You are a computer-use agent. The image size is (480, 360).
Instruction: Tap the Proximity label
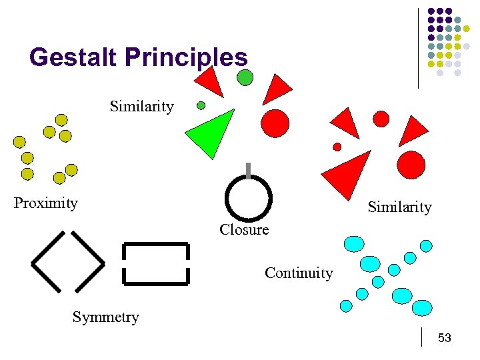tap(46, 203)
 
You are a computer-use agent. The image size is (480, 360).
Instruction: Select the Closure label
tap(244, 230)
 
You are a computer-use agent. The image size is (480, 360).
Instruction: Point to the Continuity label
tap(299, 273)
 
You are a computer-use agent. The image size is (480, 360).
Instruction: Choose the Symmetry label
tap(105, 317)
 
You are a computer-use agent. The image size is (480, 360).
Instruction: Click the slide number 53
tap(445, 338)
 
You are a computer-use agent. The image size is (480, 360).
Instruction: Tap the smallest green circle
tap(201, 105)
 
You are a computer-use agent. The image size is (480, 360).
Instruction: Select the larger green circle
tap(245, 77)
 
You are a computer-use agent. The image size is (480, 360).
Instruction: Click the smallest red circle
tap(337, 147)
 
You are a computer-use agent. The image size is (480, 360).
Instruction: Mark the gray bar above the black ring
tap(248, 171)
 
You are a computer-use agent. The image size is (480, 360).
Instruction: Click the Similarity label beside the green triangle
tap(141, 106)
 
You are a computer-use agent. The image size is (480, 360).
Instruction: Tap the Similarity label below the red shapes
tap(399, 207)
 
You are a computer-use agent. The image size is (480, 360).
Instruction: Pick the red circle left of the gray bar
tap(275, 123)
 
